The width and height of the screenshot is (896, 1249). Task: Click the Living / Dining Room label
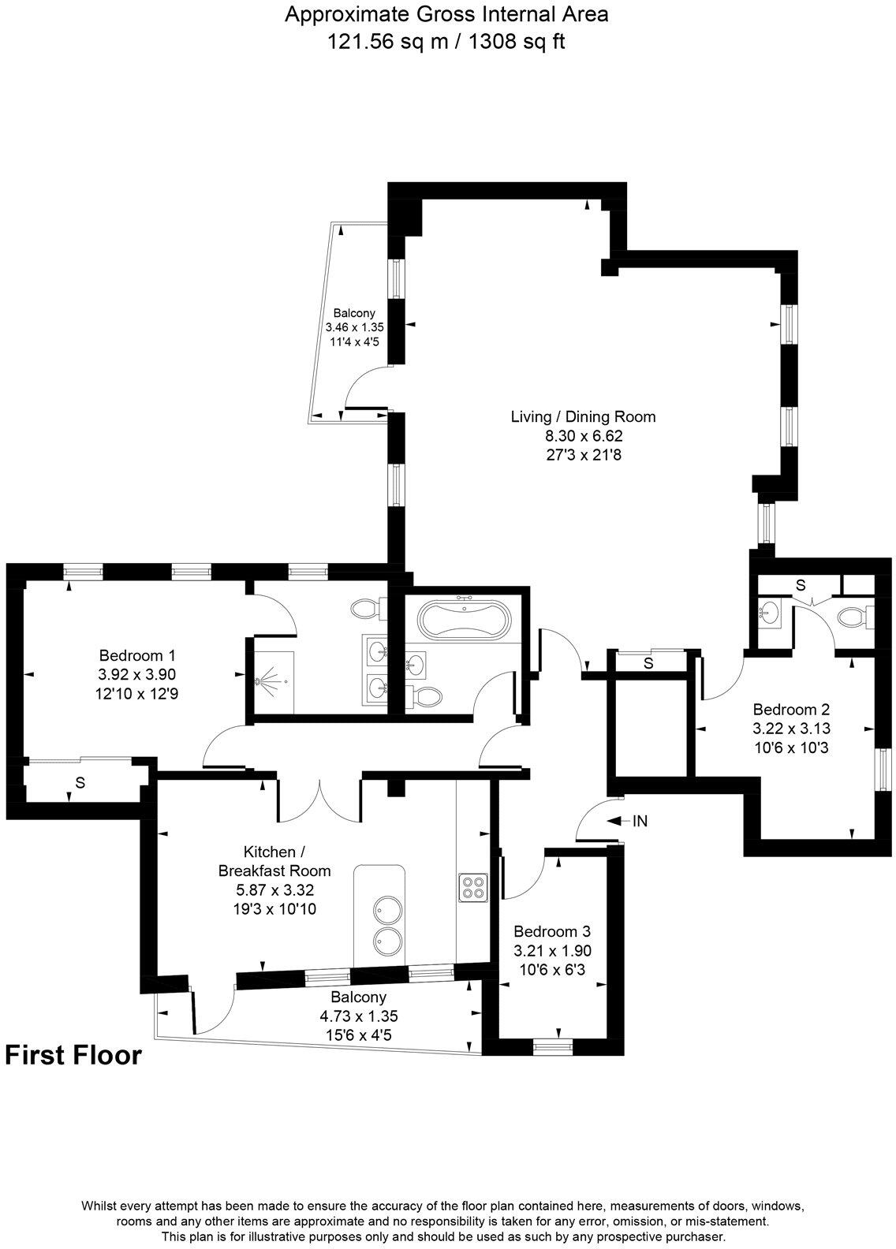coord(583,417)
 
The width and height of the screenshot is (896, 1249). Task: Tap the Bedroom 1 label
coord(136,655)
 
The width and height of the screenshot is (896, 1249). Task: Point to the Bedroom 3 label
coord(552,931)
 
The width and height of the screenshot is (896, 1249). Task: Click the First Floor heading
coord(73,1055)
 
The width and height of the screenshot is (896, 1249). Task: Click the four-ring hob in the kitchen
coord(473,887)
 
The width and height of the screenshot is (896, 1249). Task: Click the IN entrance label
coord(640,821)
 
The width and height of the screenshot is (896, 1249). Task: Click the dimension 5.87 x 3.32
coord(274,890)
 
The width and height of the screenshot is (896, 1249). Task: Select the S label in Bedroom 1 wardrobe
coord(80,783)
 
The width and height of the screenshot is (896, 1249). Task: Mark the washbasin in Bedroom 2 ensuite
coord(768,611)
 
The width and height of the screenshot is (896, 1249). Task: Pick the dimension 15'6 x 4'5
coord(347,1035)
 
